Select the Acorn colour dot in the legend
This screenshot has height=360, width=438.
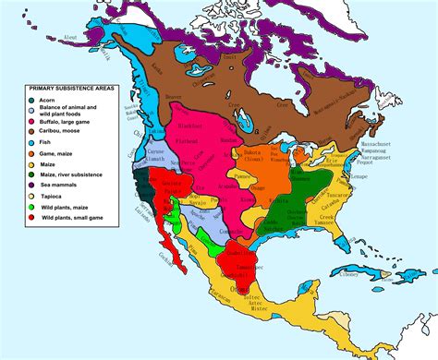coord(32,101)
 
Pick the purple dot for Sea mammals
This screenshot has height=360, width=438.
coord(32,184)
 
